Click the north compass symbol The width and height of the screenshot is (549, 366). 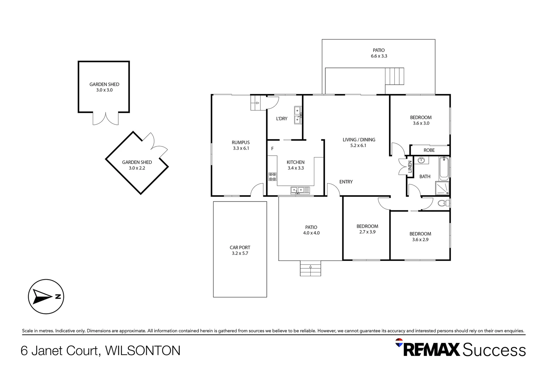coord(46,297)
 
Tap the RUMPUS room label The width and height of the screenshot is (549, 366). coord(241,145)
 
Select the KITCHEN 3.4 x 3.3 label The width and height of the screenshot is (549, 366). coord(296,165)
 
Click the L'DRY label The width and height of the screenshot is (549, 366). coord(282,119)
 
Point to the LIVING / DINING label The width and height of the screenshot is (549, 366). coord(359,142)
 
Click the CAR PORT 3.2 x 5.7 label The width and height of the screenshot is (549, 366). coord(240,250)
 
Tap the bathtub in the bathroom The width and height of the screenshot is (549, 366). coord(444,168)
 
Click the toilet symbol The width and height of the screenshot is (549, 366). coord(443,203)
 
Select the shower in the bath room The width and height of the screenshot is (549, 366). coord(442,188)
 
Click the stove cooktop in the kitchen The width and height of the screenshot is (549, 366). coord(272,177)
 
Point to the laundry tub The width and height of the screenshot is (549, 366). coord(298,115)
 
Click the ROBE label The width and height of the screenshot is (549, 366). coord(429,150)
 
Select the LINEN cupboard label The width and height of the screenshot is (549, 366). coord(410,167)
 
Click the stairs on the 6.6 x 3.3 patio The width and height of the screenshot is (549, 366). coord(394,76)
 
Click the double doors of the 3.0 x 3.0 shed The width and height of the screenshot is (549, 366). coord(106,119)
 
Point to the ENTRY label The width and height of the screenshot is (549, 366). coord(346,182)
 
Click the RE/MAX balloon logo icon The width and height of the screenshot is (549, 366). coord(399,342)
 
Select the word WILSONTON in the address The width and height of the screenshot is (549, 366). coord(143,350)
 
